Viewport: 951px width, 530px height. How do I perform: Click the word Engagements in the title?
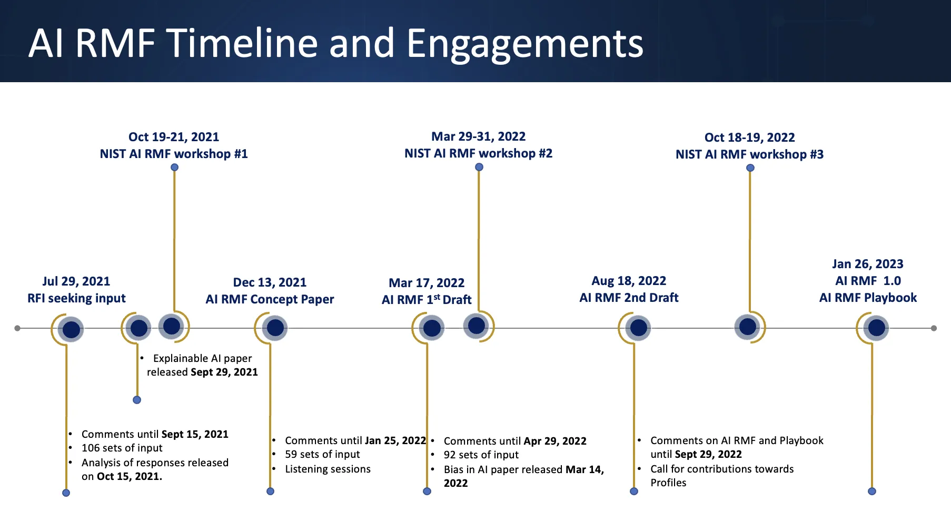(x=524, y=43)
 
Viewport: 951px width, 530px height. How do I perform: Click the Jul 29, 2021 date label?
(x=76, y=281)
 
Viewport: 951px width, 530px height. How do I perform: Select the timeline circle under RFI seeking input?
(x=71, y=330)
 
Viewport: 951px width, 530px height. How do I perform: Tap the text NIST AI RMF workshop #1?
(x=174, y=154)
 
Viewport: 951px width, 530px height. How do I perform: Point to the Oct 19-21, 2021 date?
(x=174, y=137)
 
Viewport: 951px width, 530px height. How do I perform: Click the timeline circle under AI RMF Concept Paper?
(x=275, y=328)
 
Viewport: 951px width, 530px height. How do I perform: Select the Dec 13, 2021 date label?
(x=270, y=282)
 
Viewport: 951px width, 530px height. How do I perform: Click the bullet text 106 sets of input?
(x=122, y=448)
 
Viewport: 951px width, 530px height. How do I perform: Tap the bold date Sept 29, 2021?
(x=224, y=372)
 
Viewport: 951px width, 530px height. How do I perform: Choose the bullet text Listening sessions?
(x=328, y=469)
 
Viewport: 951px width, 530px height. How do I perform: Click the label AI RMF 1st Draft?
(x=427, y=300)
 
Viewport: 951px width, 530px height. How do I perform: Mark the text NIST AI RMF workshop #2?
(x=478, y=153)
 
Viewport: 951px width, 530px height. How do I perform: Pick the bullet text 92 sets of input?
(x=481, y=455)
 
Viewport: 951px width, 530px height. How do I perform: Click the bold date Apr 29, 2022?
(x=554, y=441)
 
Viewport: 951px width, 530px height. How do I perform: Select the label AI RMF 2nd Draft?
(x=629, y=298)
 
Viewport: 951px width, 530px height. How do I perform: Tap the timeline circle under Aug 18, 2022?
(x=638, y=328)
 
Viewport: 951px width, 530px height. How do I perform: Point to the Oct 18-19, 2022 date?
(x=749, y=138)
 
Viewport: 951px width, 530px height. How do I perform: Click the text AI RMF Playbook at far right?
(x=868, y=298)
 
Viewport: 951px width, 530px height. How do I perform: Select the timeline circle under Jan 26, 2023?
(x=876, y=328)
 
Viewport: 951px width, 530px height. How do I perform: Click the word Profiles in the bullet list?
(x=668, y=483)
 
